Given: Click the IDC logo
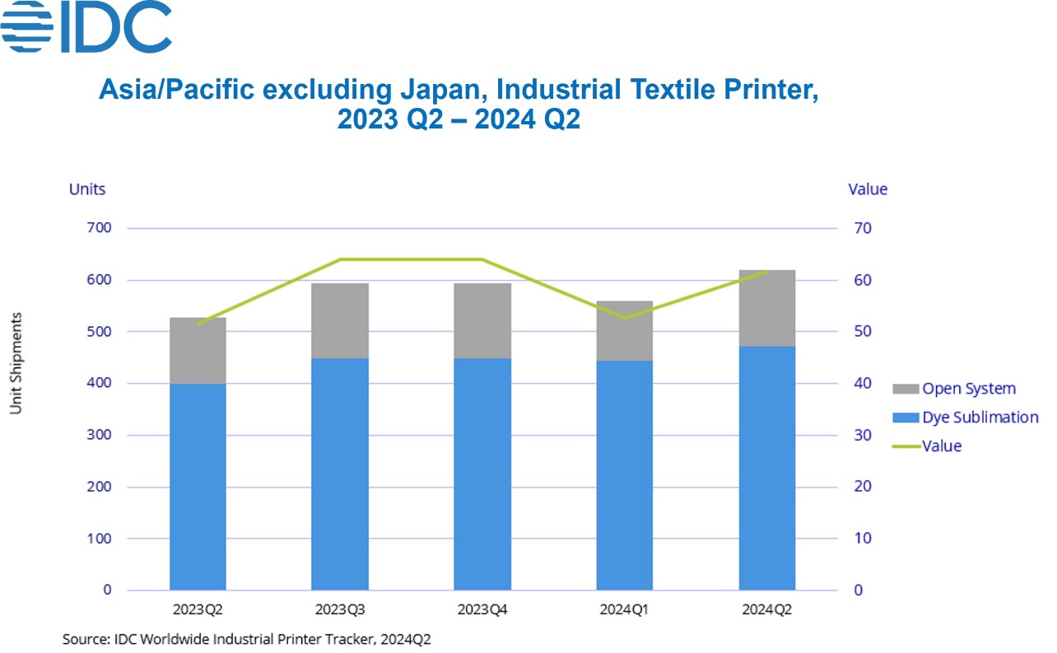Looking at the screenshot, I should pyautogui.click(x=86, y=27).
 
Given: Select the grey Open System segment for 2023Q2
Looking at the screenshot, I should pyautogui.click(x=198, y=351).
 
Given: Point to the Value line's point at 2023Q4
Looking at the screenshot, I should pyautogui.click(x=482, y=259).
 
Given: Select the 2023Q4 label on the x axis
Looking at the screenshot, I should pyautogui.click(x=482, y=610).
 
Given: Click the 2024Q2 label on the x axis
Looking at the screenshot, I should pyautogui.click(x=766, y=610).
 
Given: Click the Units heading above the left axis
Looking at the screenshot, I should pyautogui.click(x=87, y=189).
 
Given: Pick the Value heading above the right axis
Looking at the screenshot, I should pyautogui.click(x=868, y=189).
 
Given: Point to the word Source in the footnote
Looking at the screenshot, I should pyautogui.click(x=83, y=639).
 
